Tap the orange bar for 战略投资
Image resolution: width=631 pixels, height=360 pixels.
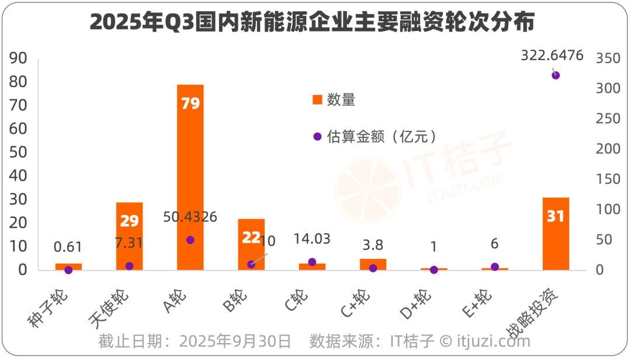pyautogui.click(x=556, y=234)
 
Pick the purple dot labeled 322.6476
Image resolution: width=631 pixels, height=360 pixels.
pyautogui.click(x=556, y=75)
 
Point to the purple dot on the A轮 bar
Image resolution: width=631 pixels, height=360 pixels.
pyautogui.click(x=190, y=240)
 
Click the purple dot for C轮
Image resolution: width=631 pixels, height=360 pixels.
pyautogui.click(x=312, y=262)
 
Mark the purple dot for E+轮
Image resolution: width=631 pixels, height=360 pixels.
pyautogui.click(x=495, y=266)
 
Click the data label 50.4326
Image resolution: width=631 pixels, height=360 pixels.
pyautogui.click(x=190, y=217)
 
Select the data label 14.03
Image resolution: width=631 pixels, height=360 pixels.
pyautogui.click(x=312, y=238)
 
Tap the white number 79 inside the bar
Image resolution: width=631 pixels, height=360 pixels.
pyautogui.click(x=190, y=103)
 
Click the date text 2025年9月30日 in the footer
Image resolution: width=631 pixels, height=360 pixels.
pyautogui.click(x=235, y=340)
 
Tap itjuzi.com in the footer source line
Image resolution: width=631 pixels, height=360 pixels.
pyautogui.click(x=494, y=340)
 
